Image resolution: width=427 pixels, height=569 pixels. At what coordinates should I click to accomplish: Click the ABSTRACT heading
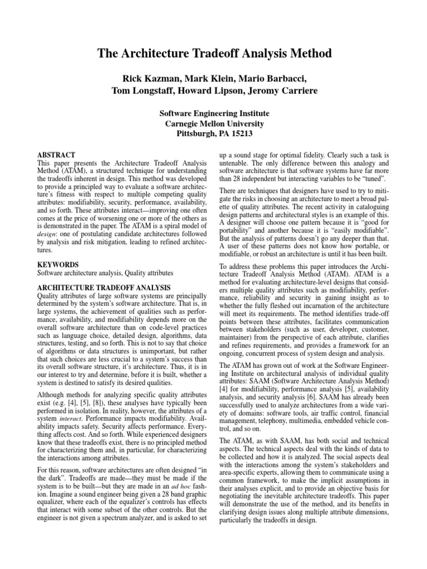(56, 154)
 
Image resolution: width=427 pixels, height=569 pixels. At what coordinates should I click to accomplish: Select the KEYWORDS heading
(58, 265)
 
